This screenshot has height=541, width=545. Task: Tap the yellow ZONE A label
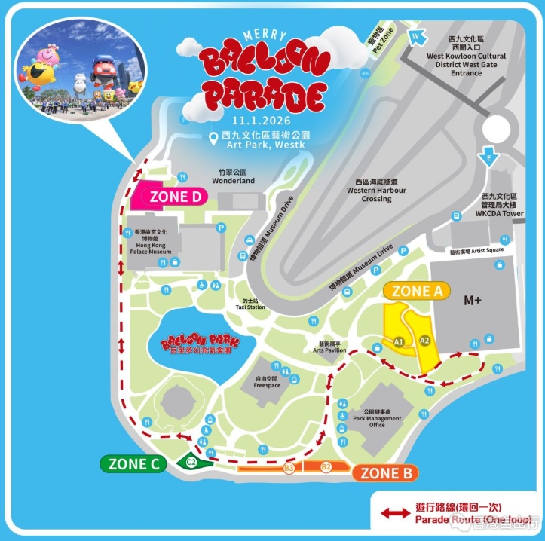click(x=417, y=290)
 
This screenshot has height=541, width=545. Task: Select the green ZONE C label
click(x=133, y=464)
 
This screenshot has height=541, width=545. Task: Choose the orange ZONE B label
click(x=385, y=473)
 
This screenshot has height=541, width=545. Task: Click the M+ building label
click(x=473, y=300)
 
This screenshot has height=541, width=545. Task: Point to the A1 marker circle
click(x=399, y=342)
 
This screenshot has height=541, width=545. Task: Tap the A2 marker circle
click(x=424, y=340)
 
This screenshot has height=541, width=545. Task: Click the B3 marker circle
click(x=289, y=469)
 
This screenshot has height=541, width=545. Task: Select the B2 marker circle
click(x=326, y=468)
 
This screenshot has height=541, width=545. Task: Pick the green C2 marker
click(x=191, y=462)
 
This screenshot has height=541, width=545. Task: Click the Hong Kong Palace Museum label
click(x=149, y=241)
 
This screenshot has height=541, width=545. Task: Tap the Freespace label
click(x=267, y=382)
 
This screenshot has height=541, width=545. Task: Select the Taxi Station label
click(x=249, y=304)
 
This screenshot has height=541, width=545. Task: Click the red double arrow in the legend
click(x=394, y=514)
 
